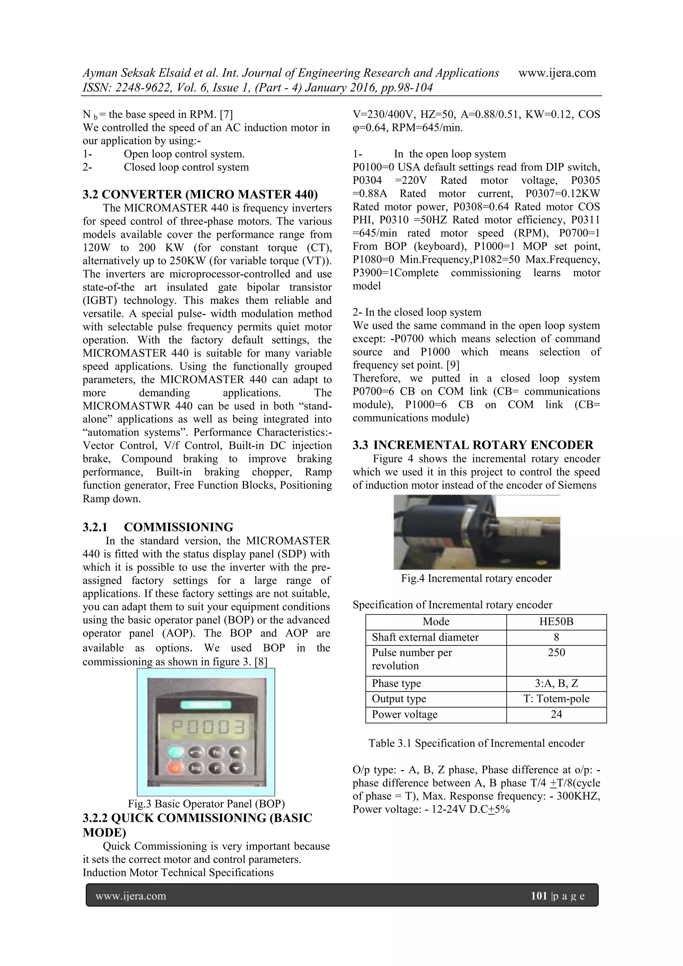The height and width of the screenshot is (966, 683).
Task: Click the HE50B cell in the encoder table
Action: (x=556, y=622)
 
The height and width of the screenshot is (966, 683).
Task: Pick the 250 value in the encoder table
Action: (x=556, y=653)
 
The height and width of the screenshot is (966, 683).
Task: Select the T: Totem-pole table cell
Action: (x=556, y=699)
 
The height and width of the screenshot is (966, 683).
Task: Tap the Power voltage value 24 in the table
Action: (x=556, y=714)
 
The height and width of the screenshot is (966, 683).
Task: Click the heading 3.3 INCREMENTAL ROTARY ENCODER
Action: (x=473, y=445)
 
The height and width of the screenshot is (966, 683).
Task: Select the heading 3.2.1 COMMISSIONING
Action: (x=158, y=527)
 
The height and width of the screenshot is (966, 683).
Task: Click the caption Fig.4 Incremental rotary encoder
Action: (x=476, y=579)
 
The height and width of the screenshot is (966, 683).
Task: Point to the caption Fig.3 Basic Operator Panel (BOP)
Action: (x=206, y=804)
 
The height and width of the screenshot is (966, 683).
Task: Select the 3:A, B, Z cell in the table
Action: (x=556, y=683)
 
